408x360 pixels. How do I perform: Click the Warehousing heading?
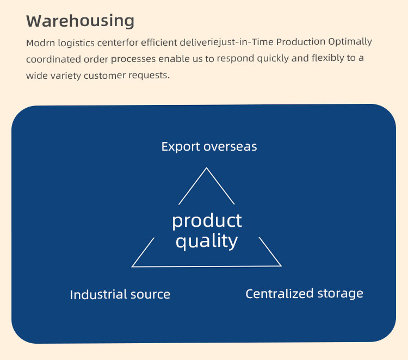(80, 21)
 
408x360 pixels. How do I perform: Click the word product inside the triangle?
(207, 221)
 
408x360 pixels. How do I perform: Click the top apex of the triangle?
(206, 167)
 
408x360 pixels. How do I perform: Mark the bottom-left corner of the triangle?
(132, 266)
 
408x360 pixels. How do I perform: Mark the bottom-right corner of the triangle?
(281, 266)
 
